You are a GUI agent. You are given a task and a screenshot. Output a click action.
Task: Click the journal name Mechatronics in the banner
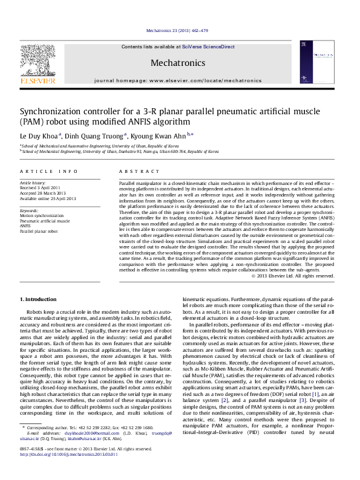pyautogui.click(x=177, y=63)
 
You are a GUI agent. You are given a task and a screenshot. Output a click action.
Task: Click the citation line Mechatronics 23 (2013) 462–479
pyautogui.click(x=177, y=30)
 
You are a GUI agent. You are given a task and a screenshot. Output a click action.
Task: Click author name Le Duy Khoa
pyautogui.click(x=39, y=135)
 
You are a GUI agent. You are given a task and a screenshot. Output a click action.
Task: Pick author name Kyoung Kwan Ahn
pyautogui.click(x=160, y=135)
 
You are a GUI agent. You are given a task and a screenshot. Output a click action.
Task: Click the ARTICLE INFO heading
pyautogui.click(x=49, y=172)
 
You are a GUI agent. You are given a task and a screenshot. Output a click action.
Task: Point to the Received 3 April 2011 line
pyautogui.click(x=41, y=188)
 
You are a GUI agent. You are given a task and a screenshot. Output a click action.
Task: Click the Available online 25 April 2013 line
pyautogui.click(x=48, y=198)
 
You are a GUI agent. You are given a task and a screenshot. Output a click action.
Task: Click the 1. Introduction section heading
pyautogui.click(x=39, y=299)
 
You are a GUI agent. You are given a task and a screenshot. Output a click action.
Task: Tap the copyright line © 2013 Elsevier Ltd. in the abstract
pyautogui.click(x=292, y=276)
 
